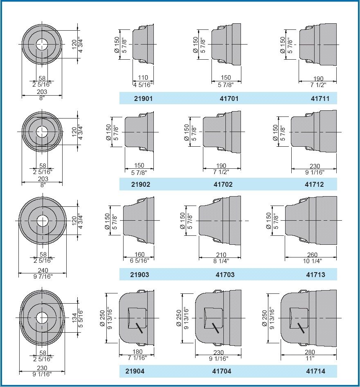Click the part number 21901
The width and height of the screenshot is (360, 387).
click(143, 98)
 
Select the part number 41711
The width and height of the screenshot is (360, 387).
click(320, 98)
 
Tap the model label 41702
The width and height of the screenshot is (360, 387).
click(223, 184)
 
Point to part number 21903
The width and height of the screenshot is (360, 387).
click(139, 275)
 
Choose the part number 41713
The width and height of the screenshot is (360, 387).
click(315, 275)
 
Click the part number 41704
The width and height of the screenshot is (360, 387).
click(222, 371)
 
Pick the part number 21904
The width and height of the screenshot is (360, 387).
click(135, 371)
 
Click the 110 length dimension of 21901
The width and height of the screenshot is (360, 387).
click(143, 78)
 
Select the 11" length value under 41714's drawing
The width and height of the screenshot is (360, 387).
click(310, 358)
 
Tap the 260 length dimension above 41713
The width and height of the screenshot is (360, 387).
click(312, 255)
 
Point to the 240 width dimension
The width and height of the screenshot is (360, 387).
click(43, 270)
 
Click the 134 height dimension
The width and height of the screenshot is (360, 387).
click(74, 318)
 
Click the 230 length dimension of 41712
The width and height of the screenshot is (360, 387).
click(315, 166)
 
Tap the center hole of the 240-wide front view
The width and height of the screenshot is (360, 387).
click(43, 221)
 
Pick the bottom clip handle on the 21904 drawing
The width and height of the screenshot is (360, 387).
click(142, 344)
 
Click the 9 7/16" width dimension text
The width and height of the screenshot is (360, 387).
click(43, 276)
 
